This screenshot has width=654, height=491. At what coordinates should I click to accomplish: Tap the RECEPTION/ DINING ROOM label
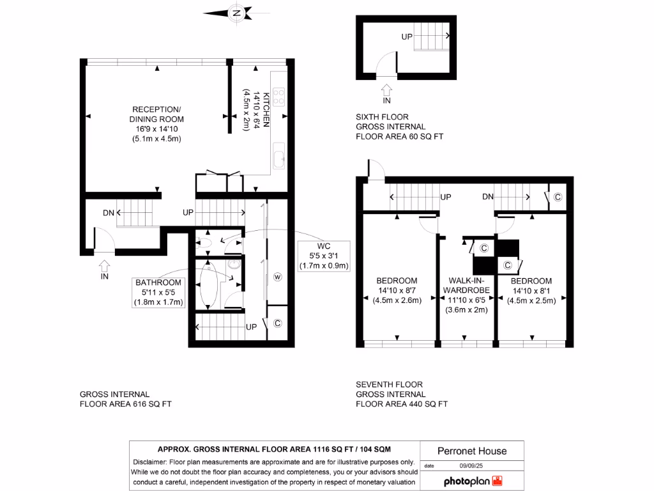(156, 123)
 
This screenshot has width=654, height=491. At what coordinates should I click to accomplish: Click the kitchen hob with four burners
(279, 97)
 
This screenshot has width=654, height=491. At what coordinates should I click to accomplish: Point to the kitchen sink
(279, 156)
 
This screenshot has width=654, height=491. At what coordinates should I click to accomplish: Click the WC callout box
(324, 256)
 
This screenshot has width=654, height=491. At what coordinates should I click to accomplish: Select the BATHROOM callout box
(158, 292)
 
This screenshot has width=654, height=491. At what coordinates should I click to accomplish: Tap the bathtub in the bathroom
(209, 284)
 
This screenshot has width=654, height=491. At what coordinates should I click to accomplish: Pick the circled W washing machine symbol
(278, 277)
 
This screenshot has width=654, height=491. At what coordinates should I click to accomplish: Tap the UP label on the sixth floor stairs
(407, 37)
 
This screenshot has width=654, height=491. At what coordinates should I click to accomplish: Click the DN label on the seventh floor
(488, 197)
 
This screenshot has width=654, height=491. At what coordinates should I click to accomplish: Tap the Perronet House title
(472, 451)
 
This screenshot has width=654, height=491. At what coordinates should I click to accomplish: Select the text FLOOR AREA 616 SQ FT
(125, 404)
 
